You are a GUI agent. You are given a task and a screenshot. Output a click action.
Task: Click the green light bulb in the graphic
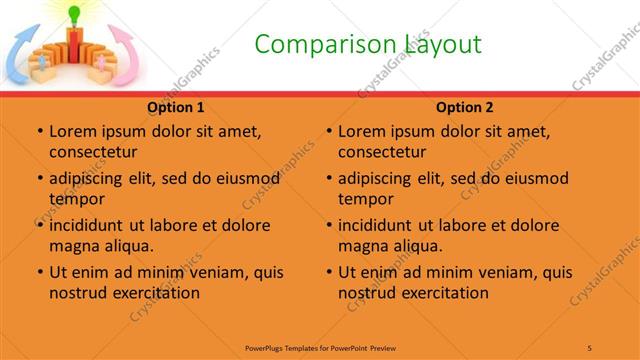coord(72,14)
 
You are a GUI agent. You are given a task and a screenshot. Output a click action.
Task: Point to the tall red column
coord(72,45)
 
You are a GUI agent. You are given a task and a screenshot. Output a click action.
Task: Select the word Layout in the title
coord(442,44)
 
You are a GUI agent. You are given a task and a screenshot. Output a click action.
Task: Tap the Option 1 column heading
coord(176,107)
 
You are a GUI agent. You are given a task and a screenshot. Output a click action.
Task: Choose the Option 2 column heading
coord(465,107)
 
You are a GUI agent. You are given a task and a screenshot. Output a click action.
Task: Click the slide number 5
coord(590,346)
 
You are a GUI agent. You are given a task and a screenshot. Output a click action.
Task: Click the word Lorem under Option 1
coord(72,131)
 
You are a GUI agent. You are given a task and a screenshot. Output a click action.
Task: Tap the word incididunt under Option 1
coord(87,225)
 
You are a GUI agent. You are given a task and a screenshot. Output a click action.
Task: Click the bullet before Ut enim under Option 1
coord(40,272)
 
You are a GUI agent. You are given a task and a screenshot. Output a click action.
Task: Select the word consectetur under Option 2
coord(383,152)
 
